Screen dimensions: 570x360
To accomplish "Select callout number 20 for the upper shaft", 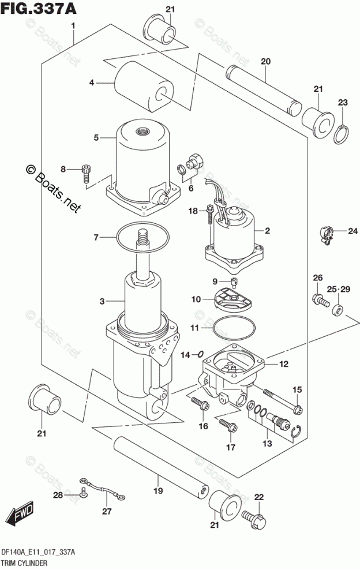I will (265, 61).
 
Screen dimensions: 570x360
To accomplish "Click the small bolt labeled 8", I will (87, 172).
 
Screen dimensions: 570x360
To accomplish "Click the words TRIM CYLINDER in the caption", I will (24, 561).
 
